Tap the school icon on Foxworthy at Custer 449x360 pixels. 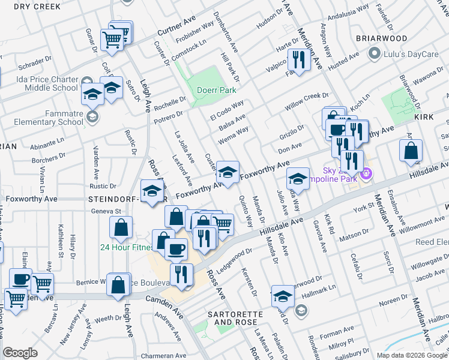(x=227, y=172)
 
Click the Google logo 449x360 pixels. (x=20, y=352)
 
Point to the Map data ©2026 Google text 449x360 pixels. (x=412, y=355)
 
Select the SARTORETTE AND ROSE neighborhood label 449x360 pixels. (x=232, y=318)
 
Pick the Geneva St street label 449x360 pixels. (x=106, y=211)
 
